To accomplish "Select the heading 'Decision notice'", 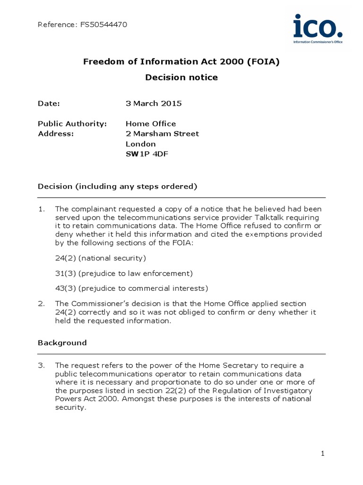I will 181,77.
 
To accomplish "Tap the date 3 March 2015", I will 154,103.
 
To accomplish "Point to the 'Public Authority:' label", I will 72,124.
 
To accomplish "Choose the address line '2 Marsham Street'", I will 162,134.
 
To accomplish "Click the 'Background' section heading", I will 62,342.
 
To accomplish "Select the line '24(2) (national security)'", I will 101,258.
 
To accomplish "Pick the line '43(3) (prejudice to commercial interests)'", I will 131,288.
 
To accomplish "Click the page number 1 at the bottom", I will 323,454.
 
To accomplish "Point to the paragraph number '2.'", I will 41,303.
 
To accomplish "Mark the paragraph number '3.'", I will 41,365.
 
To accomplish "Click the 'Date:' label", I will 49,103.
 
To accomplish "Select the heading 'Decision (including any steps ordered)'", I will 117,186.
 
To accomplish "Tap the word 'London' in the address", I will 140,144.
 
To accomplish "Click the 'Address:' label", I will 56,134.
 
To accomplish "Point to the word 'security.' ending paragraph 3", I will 71,407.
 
